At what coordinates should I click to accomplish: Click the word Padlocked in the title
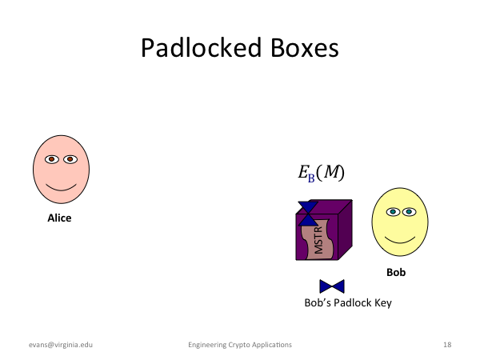(x=201, y=48)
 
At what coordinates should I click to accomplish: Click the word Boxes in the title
(x=305, y=48)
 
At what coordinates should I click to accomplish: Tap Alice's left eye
(x=52, y=159)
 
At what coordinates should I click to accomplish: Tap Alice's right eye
(x=70, y=159)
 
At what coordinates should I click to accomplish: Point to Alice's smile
(x=62, y=187)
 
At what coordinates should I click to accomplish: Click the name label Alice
(x=59, y=218)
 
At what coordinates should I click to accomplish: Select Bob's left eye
(x=393, y=211)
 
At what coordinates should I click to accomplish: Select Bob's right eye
(x=409, y=211)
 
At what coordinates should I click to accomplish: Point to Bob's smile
(x=400, y=240)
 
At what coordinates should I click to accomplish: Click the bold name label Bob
(x=396, y=272)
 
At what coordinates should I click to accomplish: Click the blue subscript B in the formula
(x=311, y=178)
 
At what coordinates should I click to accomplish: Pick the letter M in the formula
(x=331, y=171)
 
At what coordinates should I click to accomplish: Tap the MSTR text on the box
(x=318, y=240)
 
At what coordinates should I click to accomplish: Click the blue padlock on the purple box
(x=308, y=214)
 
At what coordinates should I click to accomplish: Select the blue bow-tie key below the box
(x=332, y=286)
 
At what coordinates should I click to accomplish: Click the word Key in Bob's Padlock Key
(x=382, y=303)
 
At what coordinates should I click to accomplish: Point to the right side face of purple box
(x=346, y=230)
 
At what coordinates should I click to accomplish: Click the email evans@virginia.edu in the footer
(x=61, y=345)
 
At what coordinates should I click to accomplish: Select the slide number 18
(x=447, y=345)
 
